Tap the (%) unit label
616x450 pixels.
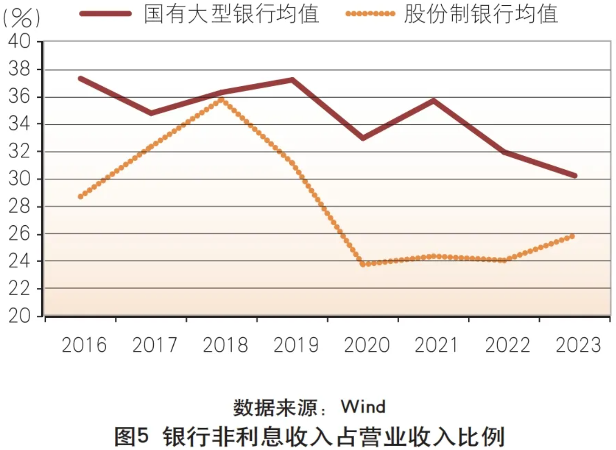[x=21, y=18]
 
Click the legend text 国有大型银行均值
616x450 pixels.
[x=232, y=14]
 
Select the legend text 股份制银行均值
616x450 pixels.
[x=481, y=14]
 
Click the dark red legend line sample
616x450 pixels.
[x=106, y=14]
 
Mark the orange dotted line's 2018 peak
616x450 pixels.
[x=221, y=99]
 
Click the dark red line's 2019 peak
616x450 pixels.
[x=292, y=80]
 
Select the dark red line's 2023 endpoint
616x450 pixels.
[x=574, y=175]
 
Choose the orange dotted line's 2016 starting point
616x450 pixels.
[x=80, y=196]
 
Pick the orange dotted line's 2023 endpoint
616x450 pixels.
[x=572, y=236]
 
